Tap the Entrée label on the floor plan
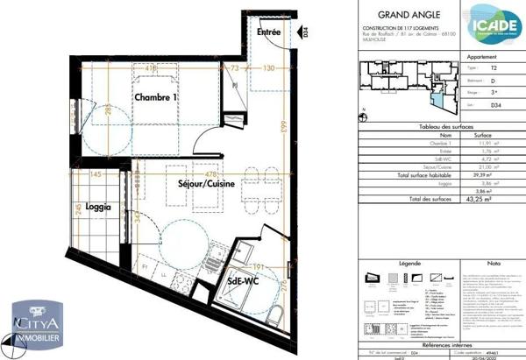tap(268, 32)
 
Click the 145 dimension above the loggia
tap(94, 174)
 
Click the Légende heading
tap(409, 262)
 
